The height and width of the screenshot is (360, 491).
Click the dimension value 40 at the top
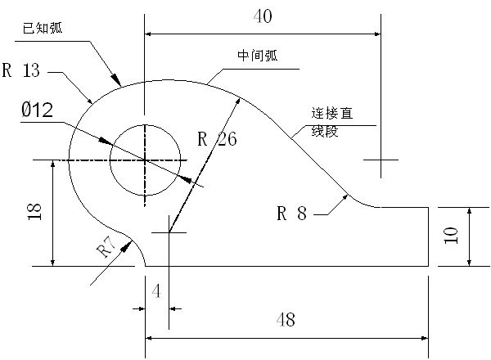[x=264, y=16]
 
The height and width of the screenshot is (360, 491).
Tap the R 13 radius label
[x=21, y=70]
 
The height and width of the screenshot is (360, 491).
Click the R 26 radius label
[x=217, y=139]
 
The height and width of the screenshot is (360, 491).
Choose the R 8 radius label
[x=291, y=214]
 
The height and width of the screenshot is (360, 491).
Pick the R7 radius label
[x=106, y=248]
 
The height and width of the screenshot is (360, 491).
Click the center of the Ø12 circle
[x=146, y=160]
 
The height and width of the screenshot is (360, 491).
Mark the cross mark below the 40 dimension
[x=381, y=160]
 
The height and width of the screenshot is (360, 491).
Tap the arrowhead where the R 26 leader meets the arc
[x=238, y=98]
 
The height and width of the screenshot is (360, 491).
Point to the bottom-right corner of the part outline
[x=429, y=266]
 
